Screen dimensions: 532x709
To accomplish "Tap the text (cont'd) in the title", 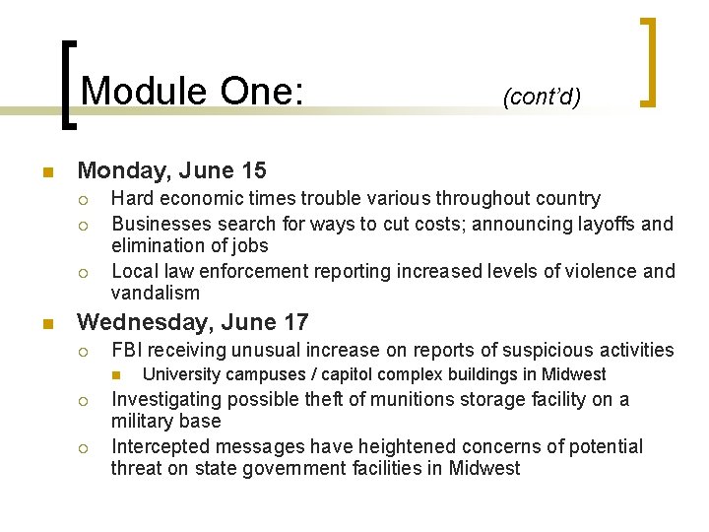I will (x=542, y=97).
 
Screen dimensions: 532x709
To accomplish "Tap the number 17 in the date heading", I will (x=292, y=322).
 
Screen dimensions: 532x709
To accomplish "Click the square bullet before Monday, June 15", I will (x=46, y=172).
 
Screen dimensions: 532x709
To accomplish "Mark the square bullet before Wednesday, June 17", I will (x=46, y=324).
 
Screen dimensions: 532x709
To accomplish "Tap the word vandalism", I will (x=156, y=294).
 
